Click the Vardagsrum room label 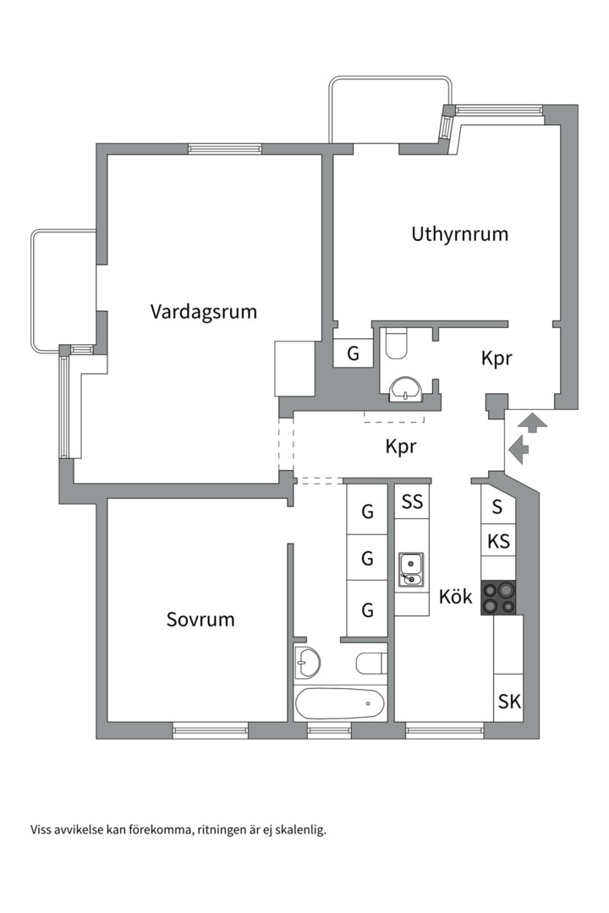(x=203, y=311)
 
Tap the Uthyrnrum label (x=459, y=234)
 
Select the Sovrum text (x=200, y=620)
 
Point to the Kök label (x=455, y=597)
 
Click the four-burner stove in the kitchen (x=498, y=598)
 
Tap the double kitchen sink (x=412, y=568)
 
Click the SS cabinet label (x=412, y=502)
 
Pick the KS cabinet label (x=498, y=541)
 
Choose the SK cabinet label (x=508, y=701)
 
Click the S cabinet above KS (x=497, y=507)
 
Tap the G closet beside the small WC (x=354, y=353)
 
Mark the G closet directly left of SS (x=367, y=511)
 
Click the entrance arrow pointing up (x=532, y=421)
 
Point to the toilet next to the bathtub (x=371, y=663)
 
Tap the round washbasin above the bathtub (x=309, y=661)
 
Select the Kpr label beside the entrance (x=497, y=358)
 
